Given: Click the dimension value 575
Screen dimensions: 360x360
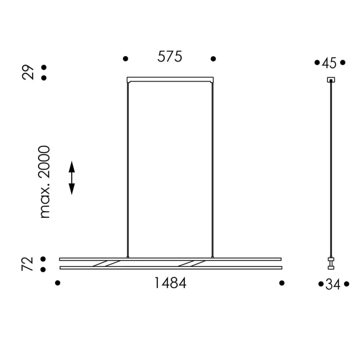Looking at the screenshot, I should (x=169, y=57).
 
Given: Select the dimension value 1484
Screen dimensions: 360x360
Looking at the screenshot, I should (x=170, y=283).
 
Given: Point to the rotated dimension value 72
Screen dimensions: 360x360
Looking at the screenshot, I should (x=28, y=264).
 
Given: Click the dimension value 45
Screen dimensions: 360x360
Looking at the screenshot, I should (x=329, y=63).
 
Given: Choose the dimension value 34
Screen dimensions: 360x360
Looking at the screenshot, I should (x=333, y=284).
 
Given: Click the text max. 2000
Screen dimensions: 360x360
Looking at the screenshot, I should (x=45, y=182).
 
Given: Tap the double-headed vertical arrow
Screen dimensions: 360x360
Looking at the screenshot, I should (x=72, y=178).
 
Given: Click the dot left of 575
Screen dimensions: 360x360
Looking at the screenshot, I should (x=125, y=59).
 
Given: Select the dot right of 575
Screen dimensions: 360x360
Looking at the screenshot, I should (x=213, y=59).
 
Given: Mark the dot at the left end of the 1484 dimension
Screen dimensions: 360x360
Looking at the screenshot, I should (x=57, y=283).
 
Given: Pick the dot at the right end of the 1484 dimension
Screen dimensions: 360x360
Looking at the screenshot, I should (x=282, y=283).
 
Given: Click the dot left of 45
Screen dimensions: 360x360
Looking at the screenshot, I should (x=317, y=62).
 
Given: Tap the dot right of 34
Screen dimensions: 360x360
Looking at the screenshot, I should (x=347, y=284).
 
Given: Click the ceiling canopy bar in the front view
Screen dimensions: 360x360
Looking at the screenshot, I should (x=170, y=79).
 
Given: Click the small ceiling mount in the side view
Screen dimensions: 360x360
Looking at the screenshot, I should (x=331, y=80).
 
